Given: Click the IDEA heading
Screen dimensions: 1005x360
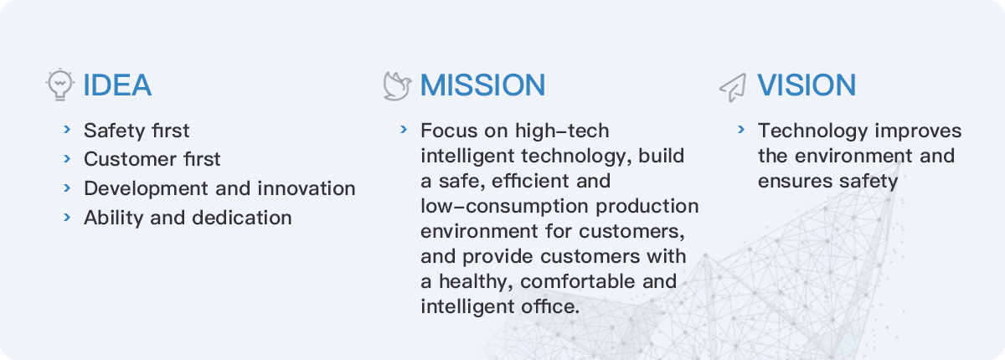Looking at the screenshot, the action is click(117, 85).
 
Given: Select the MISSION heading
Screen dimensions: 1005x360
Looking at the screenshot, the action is click(482, 85).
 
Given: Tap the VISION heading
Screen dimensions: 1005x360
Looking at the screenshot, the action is click(807, 85).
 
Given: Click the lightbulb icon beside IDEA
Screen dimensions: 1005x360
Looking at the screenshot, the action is click(60, 85).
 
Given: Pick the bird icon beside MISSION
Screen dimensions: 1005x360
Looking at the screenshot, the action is click(397, 85).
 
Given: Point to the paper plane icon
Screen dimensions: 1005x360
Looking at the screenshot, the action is click(733, 87).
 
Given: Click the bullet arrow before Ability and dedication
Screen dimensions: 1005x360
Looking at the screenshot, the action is click(67, 218).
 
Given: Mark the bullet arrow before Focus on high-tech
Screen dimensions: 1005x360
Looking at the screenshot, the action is click(404, 130).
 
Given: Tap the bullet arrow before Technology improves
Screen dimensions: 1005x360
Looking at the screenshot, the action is click(741, 130).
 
